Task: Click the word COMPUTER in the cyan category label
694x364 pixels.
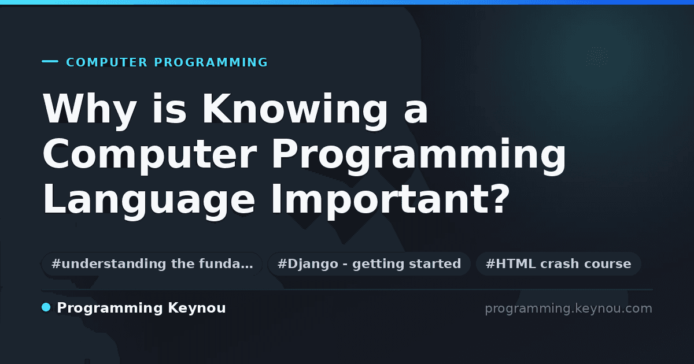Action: (x=107, y=62)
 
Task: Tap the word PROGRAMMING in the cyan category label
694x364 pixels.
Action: (x=211, y=62)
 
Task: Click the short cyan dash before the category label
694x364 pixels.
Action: (x=50, y=61)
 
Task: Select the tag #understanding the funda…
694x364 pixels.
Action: (x=152, y=263)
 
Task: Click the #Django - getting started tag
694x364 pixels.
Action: (x=370, y=263)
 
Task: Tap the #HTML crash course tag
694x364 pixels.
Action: (x=558, y=263)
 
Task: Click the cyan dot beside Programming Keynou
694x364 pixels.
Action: (x=46, y=307)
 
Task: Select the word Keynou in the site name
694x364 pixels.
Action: (x=197, y=309)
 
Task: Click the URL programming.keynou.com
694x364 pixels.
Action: (x=569, y=309)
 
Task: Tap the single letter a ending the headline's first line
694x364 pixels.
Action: (x=416, y=114)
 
